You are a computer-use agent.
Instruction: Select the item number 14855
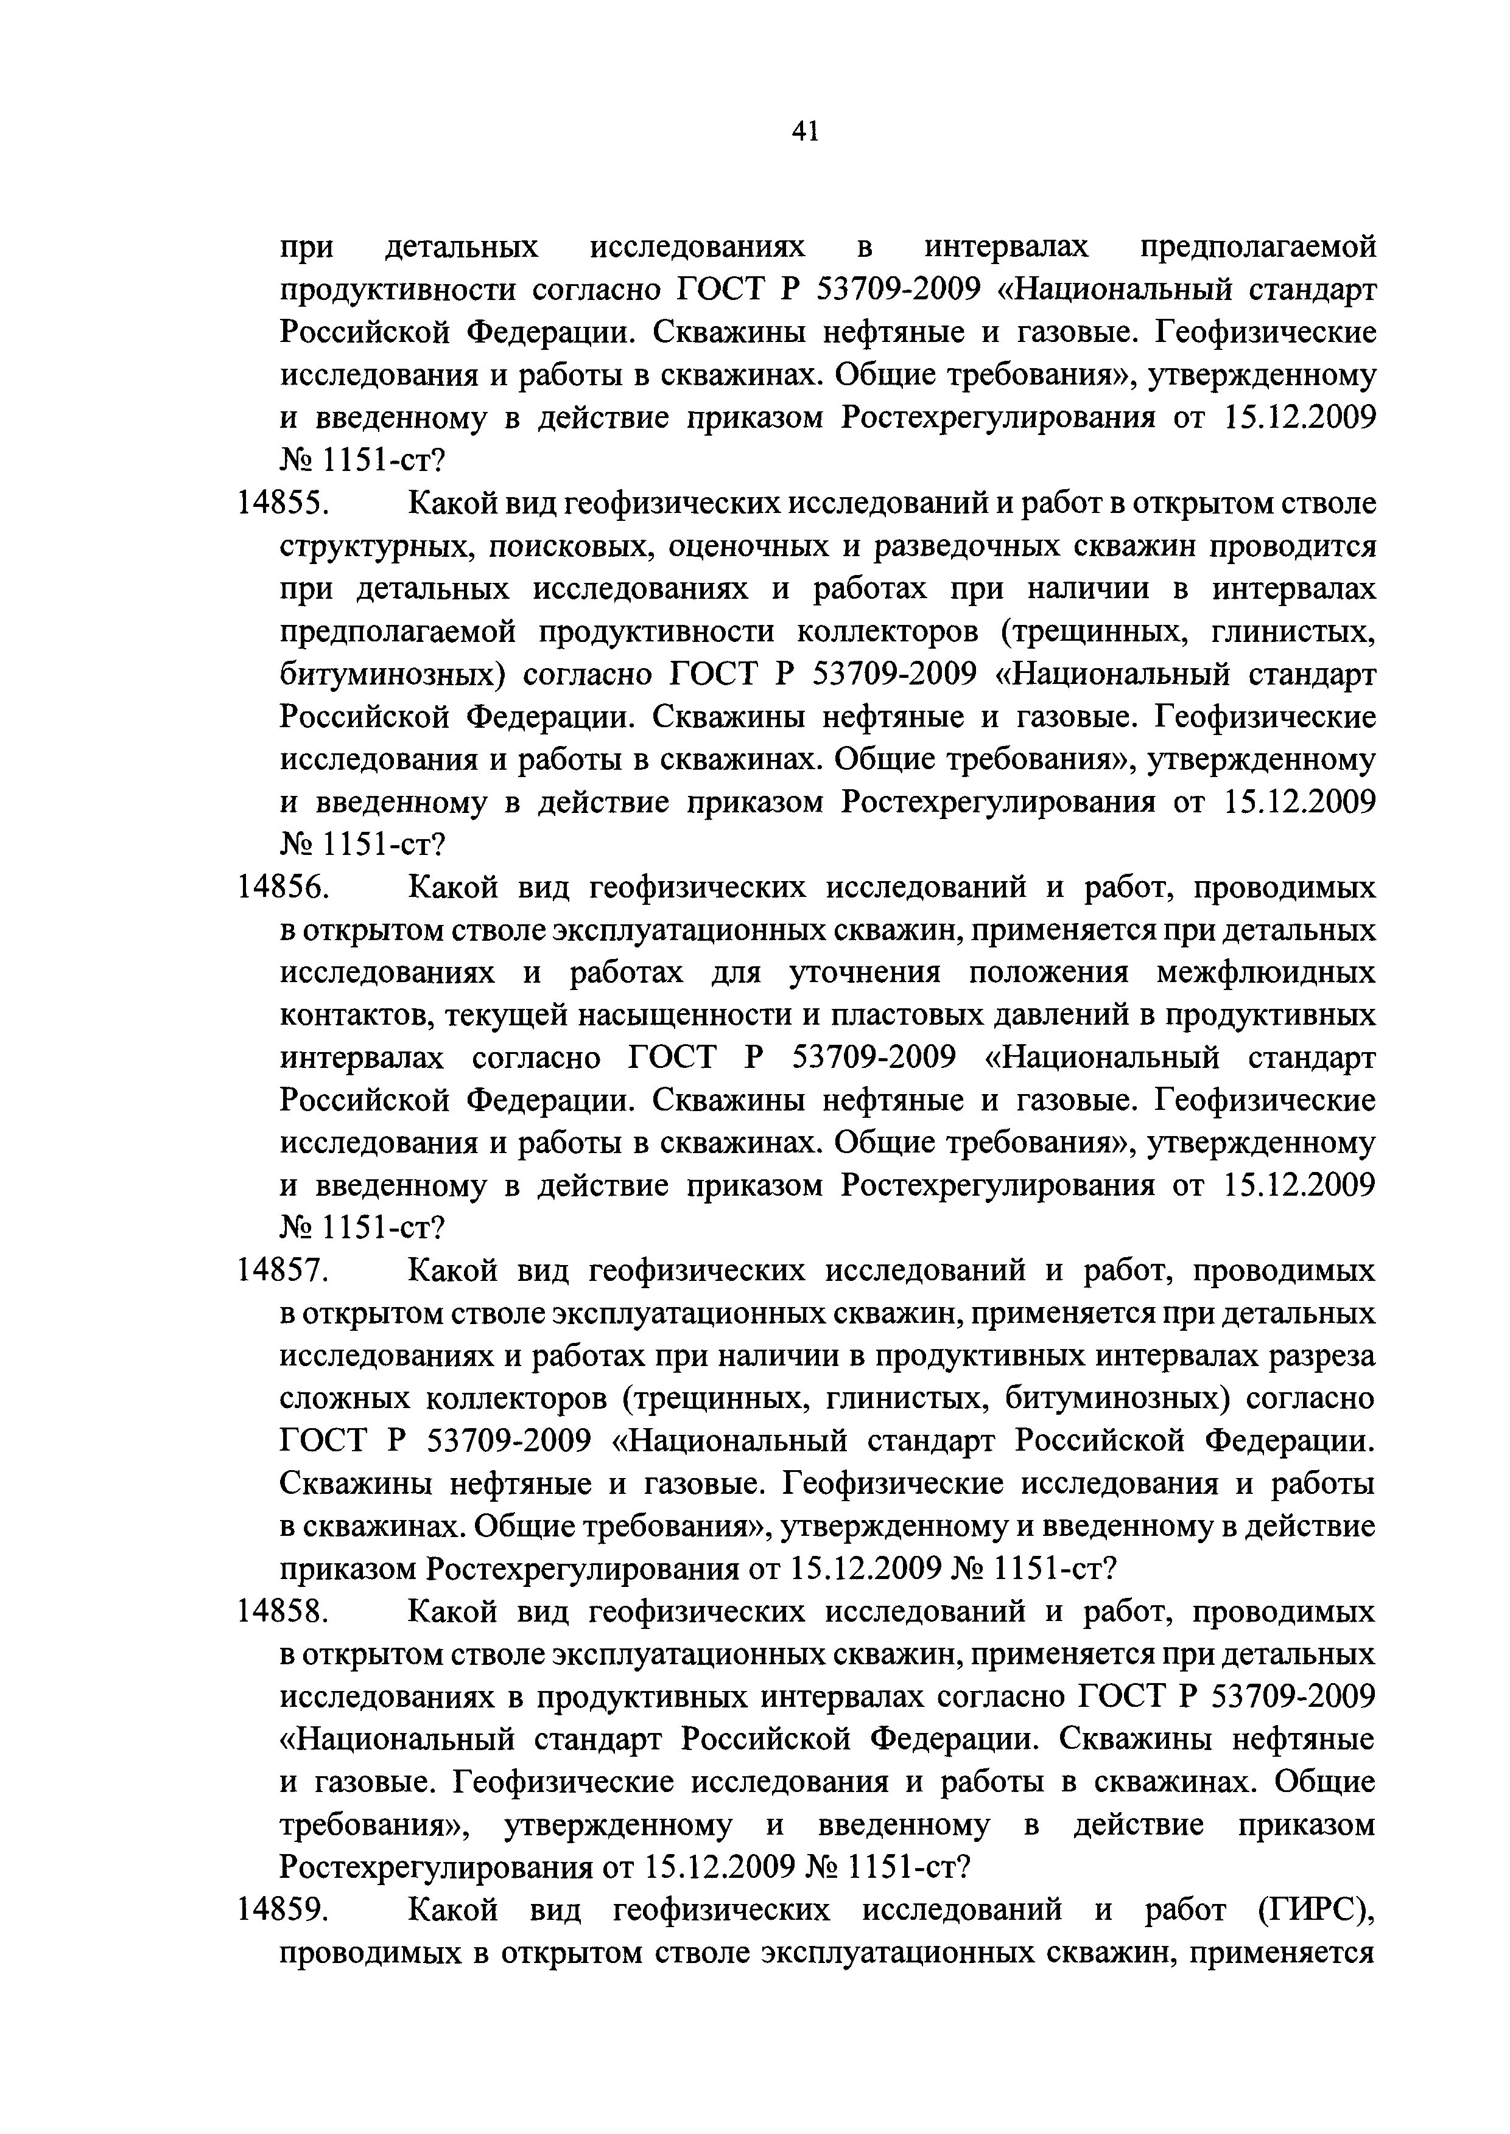tap(284, 504)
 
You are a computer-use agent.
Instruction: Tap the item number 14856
tap(284, 888)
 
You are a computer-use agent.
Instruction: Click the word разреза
tap(1319, 1357)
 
